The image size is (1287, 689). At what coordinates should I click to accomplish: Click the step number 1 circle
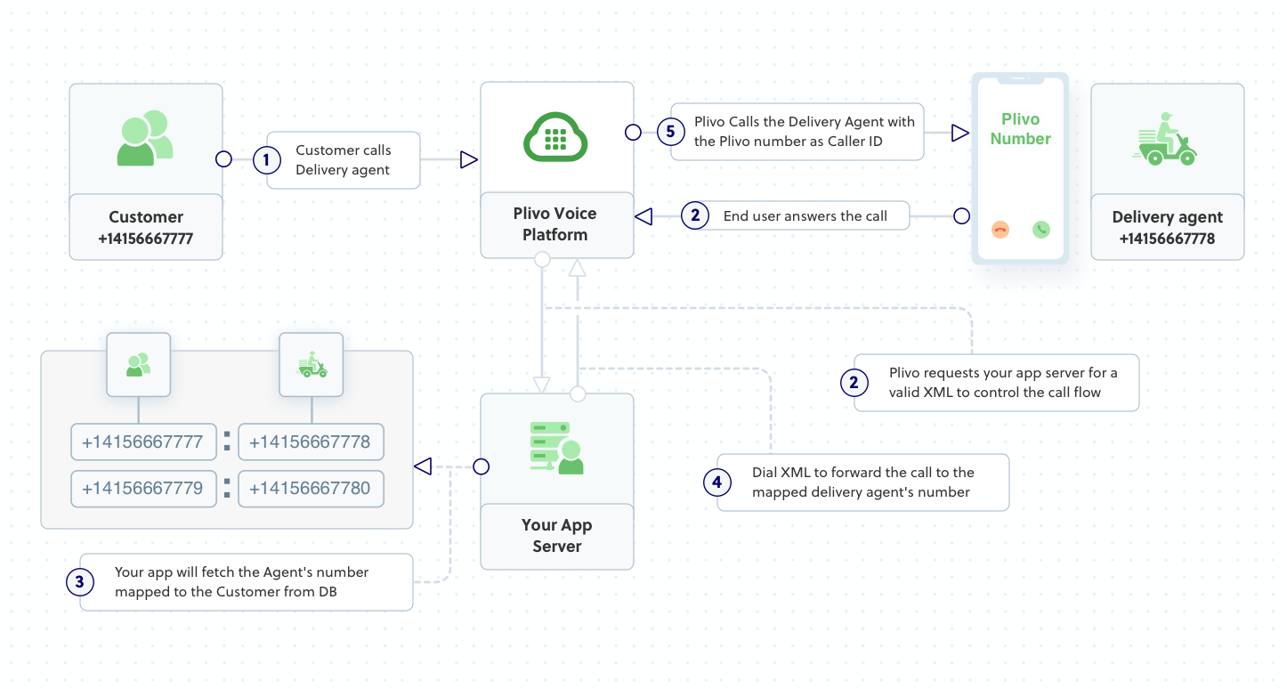(267, 160)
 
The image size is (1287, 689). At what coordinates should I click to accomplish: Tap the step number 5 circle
(672, 132)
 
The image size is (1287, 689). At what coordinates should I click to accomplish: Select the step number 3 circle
(80, 582)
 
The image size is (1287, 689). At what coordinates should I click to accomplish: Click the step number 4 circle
(717, 482)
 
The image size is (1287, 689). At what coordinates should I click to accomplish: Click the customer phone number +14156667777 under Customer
(146, 239)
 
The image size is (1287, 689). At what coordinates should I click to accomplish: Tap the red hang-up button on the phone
(1000, 230)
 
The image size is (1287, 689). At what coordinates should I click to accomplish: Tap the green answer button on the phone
(1040, 230)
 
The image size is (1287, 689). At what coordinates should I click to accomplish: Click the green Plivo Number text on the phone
(1020, 129)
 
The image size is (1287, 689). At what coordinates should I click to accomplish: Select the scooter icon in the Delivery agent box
(1167, 141)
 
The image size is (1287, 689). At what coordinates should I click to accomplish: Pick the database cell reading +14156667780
(311, 489)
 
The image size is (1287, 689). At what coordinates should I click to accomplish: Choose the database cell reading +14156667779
(143, 489)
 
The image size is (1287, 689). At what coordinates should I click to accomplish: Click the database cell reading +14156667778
(311, 442)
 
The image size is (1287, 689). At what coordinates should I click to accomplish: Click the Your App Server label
(557, 536)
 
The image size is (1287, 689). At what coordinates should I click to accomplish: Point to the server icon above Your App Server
(556, 448)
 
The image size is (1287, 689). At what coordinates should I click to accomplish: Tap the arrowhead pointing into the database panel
(423, 466)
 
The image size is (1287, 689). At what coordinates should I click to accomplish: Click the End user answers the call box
(805, 215)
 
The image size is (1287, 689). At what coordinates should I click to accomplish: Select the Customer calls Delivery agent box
(344, 160)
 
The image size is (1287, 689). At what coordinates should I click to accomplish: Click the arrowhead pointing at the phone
(959, 133)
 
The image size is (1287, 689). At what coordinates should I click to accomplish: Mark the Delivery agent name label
(1167, 217)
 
